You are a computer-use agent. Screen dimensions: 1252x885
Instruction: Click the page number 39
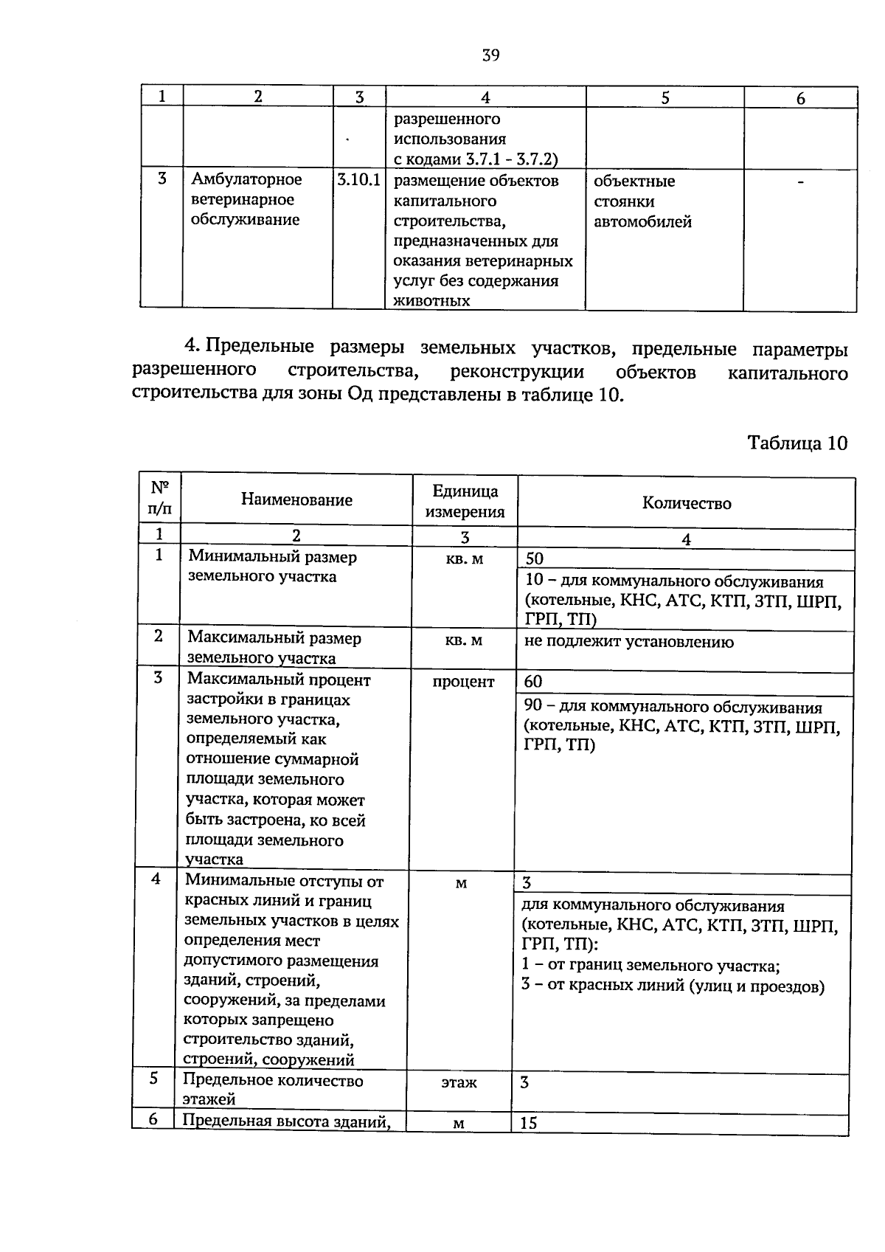[490, 55]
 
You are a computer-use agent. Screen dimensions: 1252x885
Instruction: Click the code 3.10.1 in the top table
[358, 180]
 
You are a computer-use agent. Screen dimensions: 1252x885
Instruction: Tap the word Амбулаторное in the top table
[246, 180]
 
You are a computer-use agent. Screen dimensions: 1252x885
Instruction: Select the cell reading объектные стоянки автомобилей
[642, 201]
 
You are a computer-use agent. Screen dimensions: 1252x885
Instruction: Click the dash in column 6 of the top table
[800, 181]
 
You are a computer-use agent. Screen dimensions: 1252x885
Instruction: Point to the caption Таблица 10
[797, 443]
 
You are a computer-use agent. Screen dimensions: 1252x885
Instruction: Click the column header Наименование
[296, 500]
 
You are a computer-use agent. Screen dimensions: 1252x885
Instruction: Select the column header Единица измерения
[465, 502]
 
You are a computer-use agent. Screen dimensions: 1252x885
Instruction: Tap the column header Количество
[686, 503]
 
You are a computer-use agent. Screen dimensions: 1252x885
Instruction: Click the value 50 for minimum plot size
[534, 559]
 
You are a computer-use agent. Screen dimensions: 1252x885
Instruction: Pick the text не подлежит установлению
[628, 642]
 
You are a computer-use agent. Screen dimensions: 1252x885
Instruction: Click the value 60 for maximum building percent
[532, 682]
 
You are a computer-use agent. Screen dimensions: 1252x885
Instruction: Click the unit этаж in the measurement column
[459, 1083]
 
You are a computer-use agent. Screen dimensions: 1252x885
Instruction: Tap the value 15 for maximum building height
[528, 1124]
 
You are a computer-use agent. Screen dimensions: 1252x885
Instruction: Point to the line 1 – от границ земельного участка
[650, 966]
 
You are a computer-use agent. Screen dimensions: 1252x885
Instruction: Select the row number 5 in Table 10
[154, 1079]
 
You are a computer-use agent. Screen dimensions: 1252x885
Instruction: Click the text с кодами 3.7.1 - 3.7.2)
[476, 159]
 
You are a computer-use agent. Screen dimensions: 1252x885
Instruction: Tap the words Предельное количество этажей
[273, 1090]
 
